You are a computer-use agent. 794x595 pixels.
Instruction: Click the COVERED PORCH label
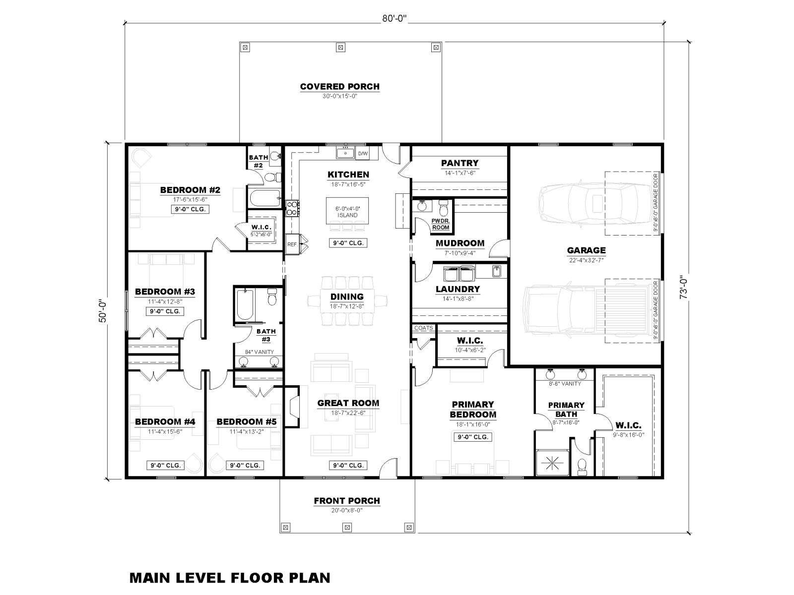339,87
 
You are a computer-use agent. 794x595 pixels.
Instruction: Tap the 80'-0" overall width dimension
395,18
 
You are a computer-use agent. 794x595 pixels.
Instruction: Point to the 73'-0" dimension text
683,287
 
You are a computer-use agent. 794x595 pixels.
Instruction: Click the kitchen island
347,211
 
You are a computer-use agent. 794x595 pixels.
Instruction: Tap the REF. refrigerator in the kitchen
293,244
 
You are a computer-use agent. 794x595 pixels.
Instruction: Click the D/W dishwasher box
363,154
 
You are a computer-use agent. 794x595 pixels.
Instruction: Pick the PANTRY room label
460,163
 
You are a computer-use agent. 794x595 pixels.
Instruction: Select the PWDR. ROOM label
440,224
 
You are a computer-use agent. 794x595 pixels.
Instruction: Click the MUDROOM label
460,243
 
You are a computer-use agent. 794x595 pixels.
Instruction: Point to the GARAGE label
586,250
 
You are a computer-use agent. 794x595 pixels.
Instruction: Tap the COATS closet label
424,328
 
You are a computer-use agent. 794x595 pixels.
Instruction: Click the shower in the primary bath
552,463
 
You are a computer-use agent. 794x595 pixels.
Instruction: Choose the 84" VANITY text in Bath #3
260,352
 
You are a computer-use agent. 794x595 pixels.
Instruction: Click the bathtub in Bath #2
265,198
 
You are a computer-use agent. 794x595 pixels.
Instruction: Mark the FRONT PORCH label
346,501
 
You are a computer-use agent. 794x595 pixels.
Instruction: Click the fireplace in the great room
292,407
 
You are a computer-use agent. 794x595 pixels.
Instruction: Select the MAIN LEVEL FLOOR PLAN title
230,578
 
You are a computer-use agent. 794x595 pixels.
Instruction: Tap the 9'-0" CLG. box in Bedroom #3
165,311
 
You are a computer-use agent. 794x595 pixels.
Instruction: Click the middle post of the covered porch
340,47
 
